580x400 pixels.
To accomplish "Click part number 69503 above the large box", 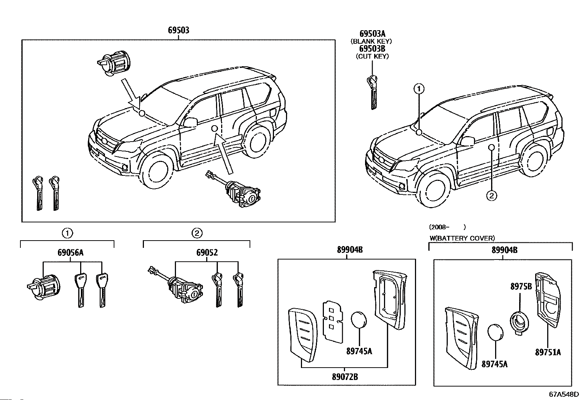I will (x=179, y=30).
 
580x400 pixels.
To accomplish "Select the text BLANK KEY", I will (x=371, y=41).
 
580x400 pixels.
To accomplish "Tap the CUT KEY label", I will (x=372, y=56).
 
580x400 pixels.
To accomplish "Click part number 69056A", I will (x=70, y=253).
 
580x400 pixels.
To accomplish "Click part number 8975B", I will (x=521, y=286).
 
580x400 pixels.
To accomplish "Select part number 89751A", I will (x=548, y=352).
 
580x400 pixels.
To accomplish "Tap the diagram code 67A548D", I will (x=564, y=394).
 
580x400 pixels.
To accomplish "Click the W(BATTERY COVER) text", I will (x=462, y=238).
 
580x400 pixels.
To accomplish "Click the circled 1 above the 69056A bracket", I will (x=67, y=233).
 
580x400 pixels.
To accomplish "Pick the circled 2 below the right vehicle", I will (x=491, y=196).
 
